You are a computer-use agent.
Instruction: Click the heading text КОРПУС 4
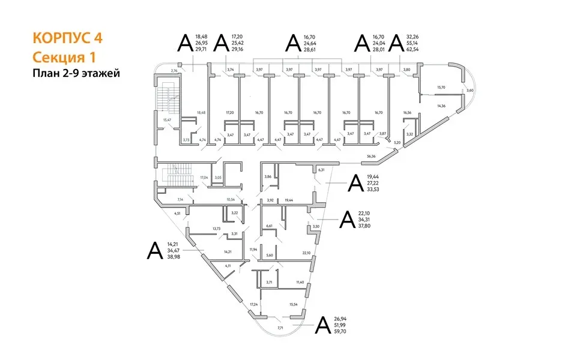click(x=67, y=38)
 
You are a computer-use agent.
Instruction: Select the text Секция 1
click(x=63, y=57)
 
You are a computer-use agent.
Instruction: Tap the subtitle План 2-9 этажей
click(x=76, y=74)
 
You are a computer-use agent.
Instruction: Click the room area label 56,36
click(x=370, y=157)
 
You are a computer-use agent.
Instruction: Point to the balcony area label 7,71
click(x=280, y=329)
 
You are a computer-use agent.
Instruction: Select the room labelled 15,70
click(x=441, y=88)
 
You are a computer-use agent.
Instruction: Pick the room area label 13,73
click(x=216, y=229)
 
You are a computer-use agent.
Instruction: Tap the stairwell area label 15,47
click(x=168, y=120)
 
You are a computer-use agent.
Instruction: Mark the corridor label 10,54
click(x=231, y=199)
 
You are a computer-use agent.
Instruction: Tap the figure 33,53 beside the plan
click(x=373, y=190)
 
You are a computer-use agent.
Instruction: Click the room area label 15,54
click(x=294, y=305)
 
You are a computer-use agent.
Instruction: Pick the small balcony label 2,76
click(x=175, y=71)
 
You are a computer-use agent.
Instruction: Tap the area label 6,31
click(x=321, y=170)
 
